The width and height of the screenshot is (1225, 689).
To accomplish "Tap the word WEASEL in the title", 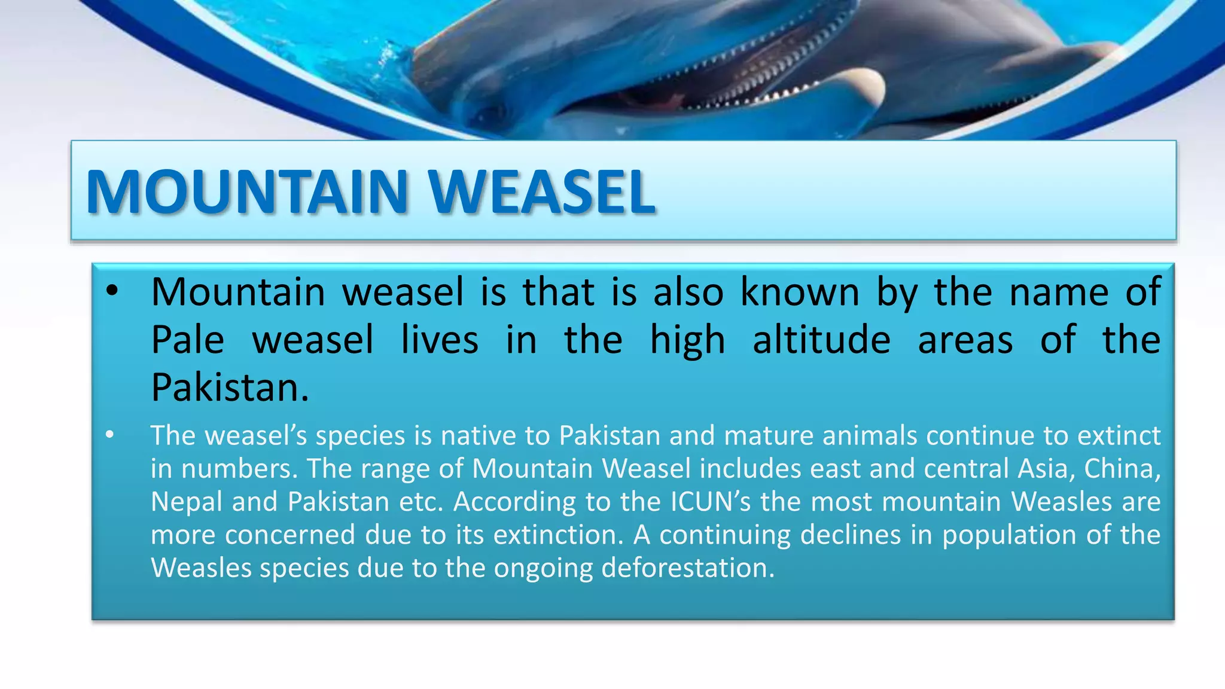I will [542, 192].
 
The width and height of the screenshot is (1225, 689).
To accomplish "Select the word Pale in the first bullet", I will [187, 340].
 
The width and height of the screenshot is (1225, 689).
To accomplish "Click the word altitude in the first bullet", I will [821, 340].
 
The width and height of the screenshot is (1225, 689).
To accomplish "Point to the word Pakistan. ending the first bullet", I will [230, 388].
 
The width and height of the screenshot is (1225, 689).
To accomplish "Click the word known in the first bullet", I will [800, 292].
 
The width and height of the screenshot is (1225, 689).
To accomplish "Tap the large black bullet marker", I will [112, 292].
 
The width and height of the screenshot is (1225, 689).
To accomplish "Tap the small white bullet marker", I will [109, 435].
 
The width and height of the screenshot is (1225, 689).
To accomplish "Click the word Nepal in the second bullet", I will [186, 501].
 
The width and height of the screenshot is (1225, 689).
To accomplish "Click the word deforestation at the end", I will [687, 568].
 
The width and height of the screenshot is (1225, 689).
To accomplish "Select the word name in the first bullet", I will [1059, 292].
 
